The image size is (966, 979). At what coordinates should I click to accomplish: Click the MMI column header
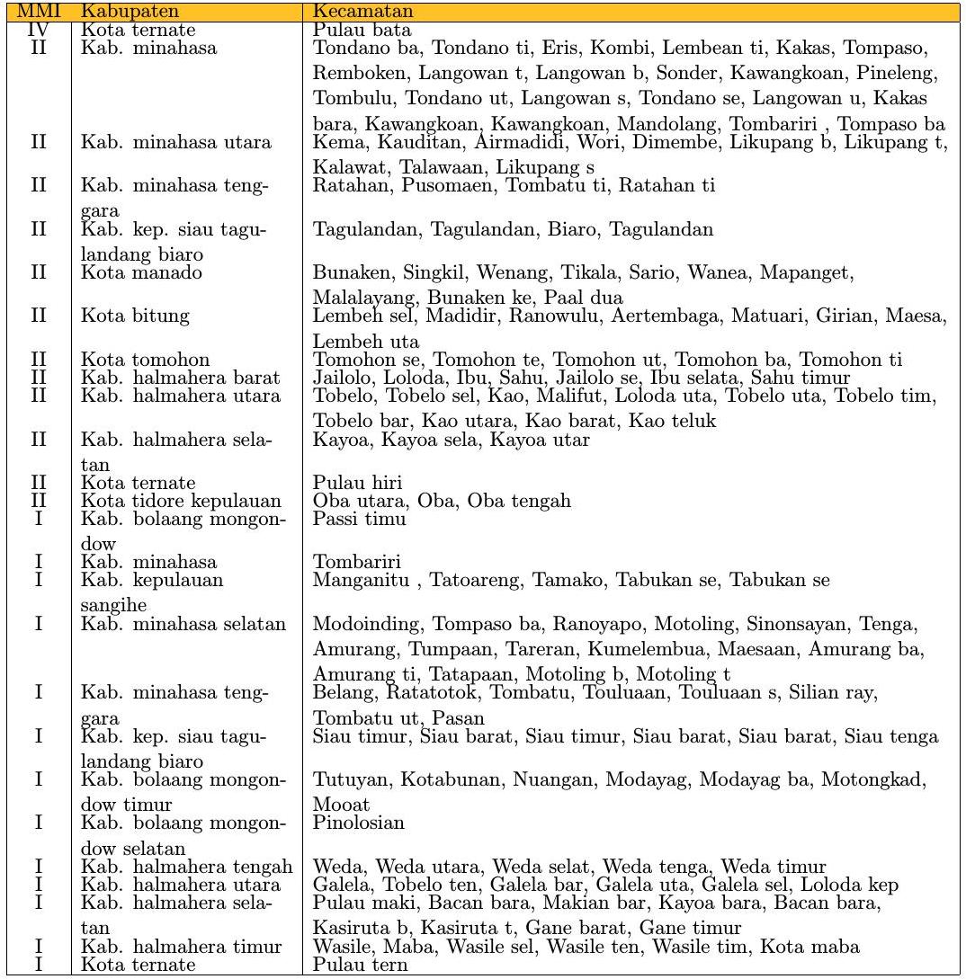point(38,12)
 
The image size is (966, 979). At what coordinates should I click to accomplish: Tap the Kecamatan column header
point(363,12)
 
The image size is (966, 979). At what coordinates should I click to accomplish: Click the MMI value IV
point(38,31)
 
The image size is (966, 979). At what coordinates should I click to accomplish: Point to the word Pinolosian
point(359,823)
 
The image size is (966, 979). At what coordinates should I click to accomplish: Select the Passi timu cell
point(359,519)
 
